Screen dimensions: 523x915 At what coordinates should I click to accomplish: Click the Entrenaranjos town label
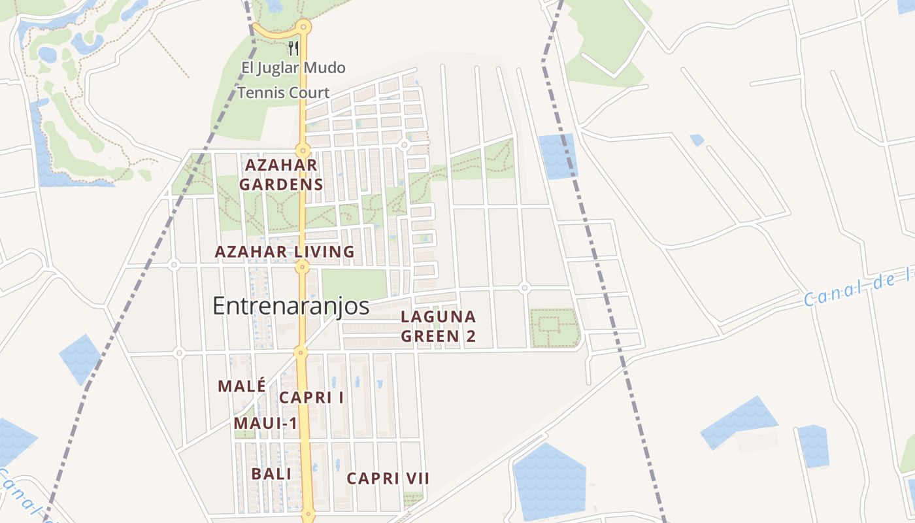(291, 306)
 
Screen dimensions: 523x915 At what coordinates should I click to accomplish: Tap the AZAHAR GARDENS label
(281, 175)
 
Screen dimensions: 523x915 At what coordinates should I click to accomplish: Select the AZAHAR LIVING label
(284, 252)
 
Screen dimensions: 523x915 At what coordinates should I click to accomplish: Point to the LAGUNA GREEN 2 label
(438, 327)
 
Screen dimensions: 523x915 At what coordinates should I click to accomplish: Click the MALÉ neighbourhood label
(242, 386)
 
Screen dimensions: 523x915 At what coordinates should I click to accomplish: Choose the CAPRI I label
(312, 397)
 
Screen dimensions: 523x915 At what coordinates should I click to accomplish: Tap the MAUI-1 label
(265, 424)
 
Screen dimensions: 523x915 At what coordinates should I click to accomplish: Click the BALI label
(271, 474)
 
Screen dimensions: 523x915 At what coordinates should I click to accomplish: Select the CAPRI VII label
(388, 479)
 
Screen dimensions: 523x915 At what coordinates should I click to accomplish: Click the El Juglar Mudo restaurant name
(293, 68)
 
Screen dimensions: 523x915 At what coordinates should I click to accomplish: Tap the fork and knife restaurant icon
(293, 48)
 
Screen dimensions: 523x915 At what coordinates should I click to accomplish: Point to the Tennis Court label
(283, 93)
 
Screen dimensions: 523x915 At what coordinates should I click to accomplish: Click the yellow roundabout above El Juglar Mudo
(303, 27)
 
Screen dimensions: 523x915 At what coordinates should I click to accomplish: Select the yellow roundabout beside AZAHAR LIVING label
(301, 266)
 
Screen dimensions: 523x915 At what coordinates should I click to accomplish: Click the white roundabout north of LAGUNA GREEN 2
(524, 288)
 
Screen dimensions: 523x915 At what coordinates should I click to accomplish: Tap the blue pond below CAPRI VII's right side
(549, 481)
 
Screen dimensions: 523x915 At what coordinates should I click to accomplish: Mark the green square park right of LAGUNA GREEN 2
(554, 328)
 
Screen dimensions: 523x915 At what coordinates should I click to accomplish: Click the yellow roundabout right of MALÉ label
(301, 352)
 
